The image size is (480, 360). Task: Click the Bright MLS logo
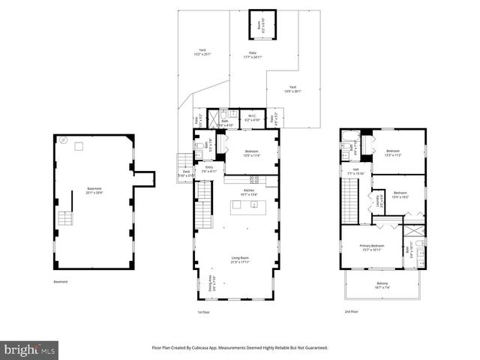[29, 349]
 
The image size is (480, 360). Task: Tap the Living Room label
[239, 259]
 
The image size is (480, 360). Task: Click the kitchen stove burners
[253, 179]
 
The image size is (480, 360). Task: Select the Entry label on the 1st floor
[209, 169]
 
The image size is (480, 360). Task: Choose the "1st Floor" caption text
[202, 312]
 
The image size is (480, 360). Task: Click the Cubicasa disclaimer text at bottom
[240, 347]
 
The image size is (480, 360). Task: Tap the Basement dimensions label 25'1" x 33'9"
[94, 191]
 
